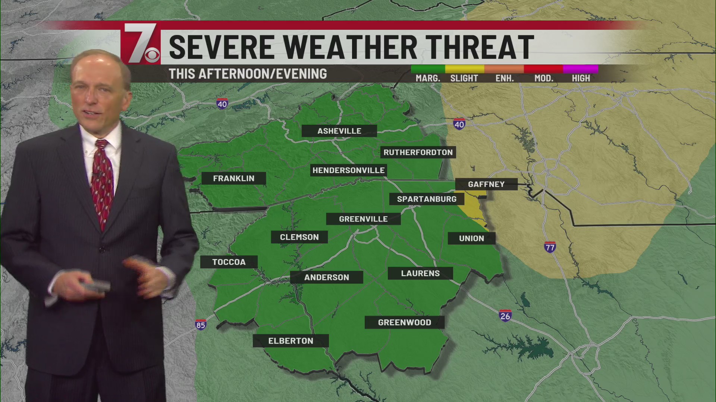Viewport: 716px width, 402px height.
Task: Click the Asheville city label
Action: click(x=339, y=131)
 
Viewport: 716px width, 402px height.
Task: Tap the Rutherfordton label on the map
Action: click(x=418, y=152)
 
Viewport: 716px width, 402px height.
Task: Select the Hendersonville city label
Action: click(x=348, y=170)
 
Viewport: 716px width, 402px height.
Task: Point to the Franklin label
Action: click(x=233, y=178)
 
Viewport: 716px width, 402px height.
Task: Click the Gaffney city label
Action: click(x=486, y=184)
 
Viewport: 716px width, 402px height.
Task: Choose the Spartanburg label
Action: click(x=426, y=199)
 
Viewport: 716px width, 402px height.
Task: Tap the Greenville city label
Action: click(x=363, y=219)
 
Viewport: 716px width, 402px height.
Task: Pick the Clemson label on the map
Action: click(x=299, y=237)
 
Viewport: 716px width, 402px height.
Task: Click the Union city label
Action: click(x=471, y=238)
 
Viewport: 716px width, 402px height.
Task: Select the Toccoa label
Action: click(x=229, y=262)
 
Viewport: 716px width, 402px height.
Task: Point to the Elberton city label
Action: click(x=291, y=341)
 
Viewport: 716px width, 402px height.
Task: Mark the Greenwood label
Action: click(x=404, y=322)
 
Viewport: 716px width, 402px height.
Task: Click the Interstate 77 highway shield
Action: click(x=550, y=247)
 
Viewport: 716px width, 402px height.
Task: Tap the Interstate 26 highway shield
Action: click(x=505, y=316)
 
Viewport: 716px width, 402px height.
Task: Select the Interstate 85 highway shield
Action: click(x=201, y=325)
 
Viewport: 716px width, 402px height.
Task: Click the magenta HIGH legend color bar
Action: click(x=580, y=69)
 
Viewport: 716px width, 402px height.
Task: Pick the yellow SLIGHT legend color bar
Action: click(x=464, y=69)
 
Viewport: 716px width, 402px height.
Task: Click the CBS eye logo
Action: click(x=152, y=55)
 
